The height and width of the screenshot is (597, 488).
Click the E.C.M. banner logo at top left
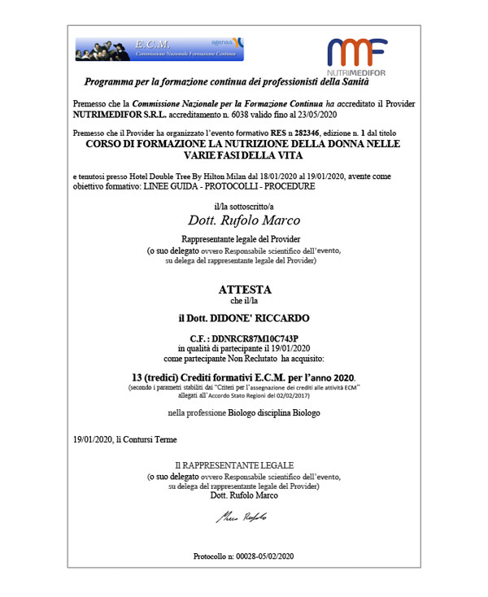point(155,49)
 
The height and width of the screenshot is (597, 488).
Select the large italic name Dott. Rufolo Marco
point(243,220)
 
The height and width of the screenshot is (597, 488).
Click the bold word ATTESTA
point(244,290)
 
